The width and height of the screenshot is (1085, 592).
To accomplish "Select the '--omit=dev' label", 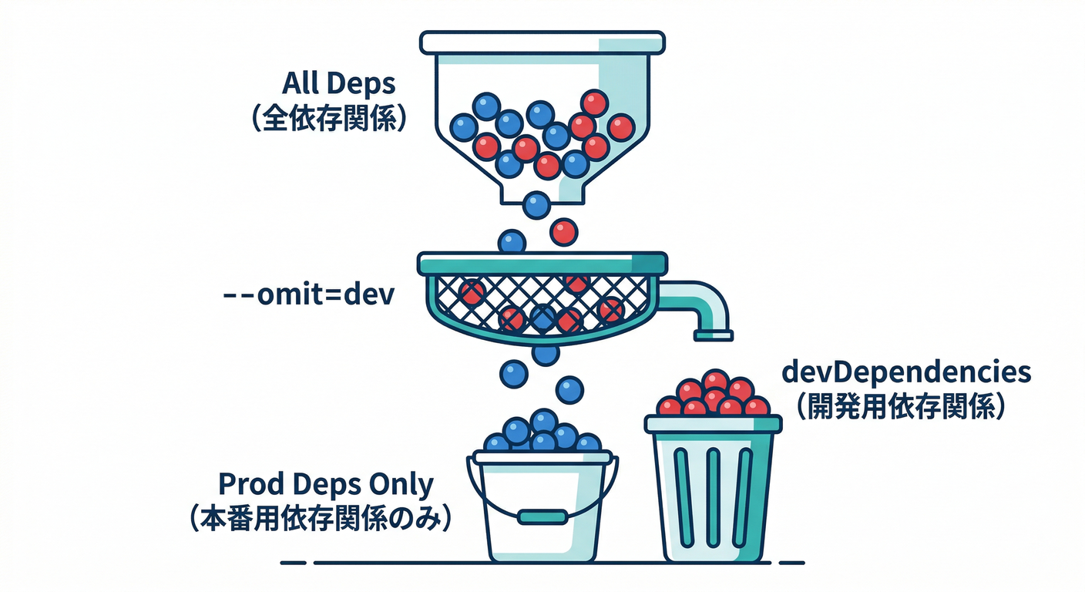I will pos(307,295).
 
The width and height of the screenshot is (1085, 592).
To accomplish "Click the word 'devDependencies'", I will pos(906,372).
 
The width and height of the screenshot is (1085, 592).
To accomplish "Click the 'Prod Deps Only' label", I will pos(326,485).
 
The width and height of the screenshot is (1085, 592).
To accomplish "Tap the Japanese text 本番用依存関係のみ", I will pos(318,519).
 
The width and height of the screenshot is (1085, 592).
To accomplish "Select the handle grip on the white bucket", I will pos(542,516).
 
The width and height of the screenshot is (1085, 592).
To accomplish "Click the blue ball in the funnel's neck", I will pos(536,205).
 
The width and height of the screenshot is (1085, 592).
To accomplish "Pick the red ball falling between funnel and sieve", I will pos(563,231).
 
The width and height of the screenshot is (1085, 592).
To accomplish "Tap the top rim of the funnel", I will pos(542,42).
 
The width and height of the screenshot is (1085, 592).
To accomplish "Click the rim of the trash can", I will pos(713,423).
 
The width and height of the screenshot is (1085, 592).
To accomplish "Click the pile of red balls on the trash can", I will pos(714,395).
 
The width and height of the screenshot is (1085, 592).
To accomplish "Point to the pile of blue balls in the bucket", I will pos(542,433).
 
